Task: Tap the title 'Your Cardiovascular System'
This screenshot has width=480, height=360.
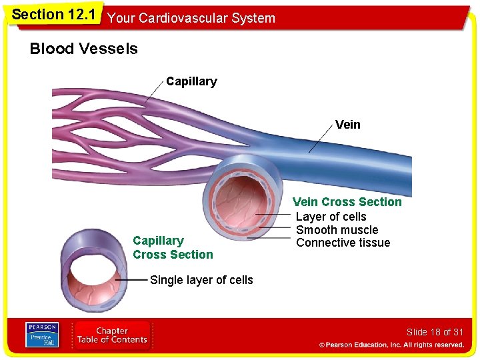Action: pyautogui.click(x=191, y=18)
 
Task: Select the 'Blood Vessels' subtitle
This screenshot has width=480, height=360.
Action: pyautogui.click(x=83, y=49)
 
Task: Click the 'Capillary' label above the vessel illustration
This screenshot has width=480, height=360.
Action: pyautogui.click(x=191, y=81)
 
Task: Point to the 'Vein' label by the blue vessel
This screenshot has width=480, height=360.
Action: pyautogui.click(x=347, y=125)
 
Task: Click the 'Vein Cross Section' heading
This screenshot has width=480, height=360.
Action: pyautogui.click(x=347, y=202)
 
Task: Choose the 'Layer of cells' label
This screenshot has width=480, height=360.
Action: pyautogui.click(x=331, y=217)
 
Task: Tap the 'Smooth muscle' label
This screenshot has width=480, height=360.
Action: pyautogui.click(x=337, y=230)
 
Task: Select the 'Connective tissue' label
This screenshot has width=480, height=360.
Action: pyautogui.click(x=343, y=243)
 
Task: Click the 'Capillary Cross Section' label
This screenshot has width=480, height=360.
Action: pyautogui.click(x=173, y=247)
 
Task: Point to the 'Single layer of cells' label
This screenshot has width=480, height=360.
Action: pyautogui.click(x=201, y=280)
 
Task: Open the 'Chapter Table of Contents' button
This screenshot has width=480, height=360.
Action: pyautogui.click(x=111, y=335)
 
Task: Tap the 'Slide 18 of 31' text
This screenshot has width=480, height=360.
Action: pyautogui.click(x=435, y=332)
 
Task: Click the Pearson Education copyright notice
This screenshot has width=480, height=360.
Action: pyautogui.click(x=391, y=345)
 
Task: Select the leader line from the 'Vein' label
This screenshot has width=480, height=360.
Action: pyautogui.click(x=321, y=141)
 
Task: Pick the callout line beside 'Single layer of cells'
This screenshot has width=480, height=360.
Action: pyautogui.click(x=131, y=281)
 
